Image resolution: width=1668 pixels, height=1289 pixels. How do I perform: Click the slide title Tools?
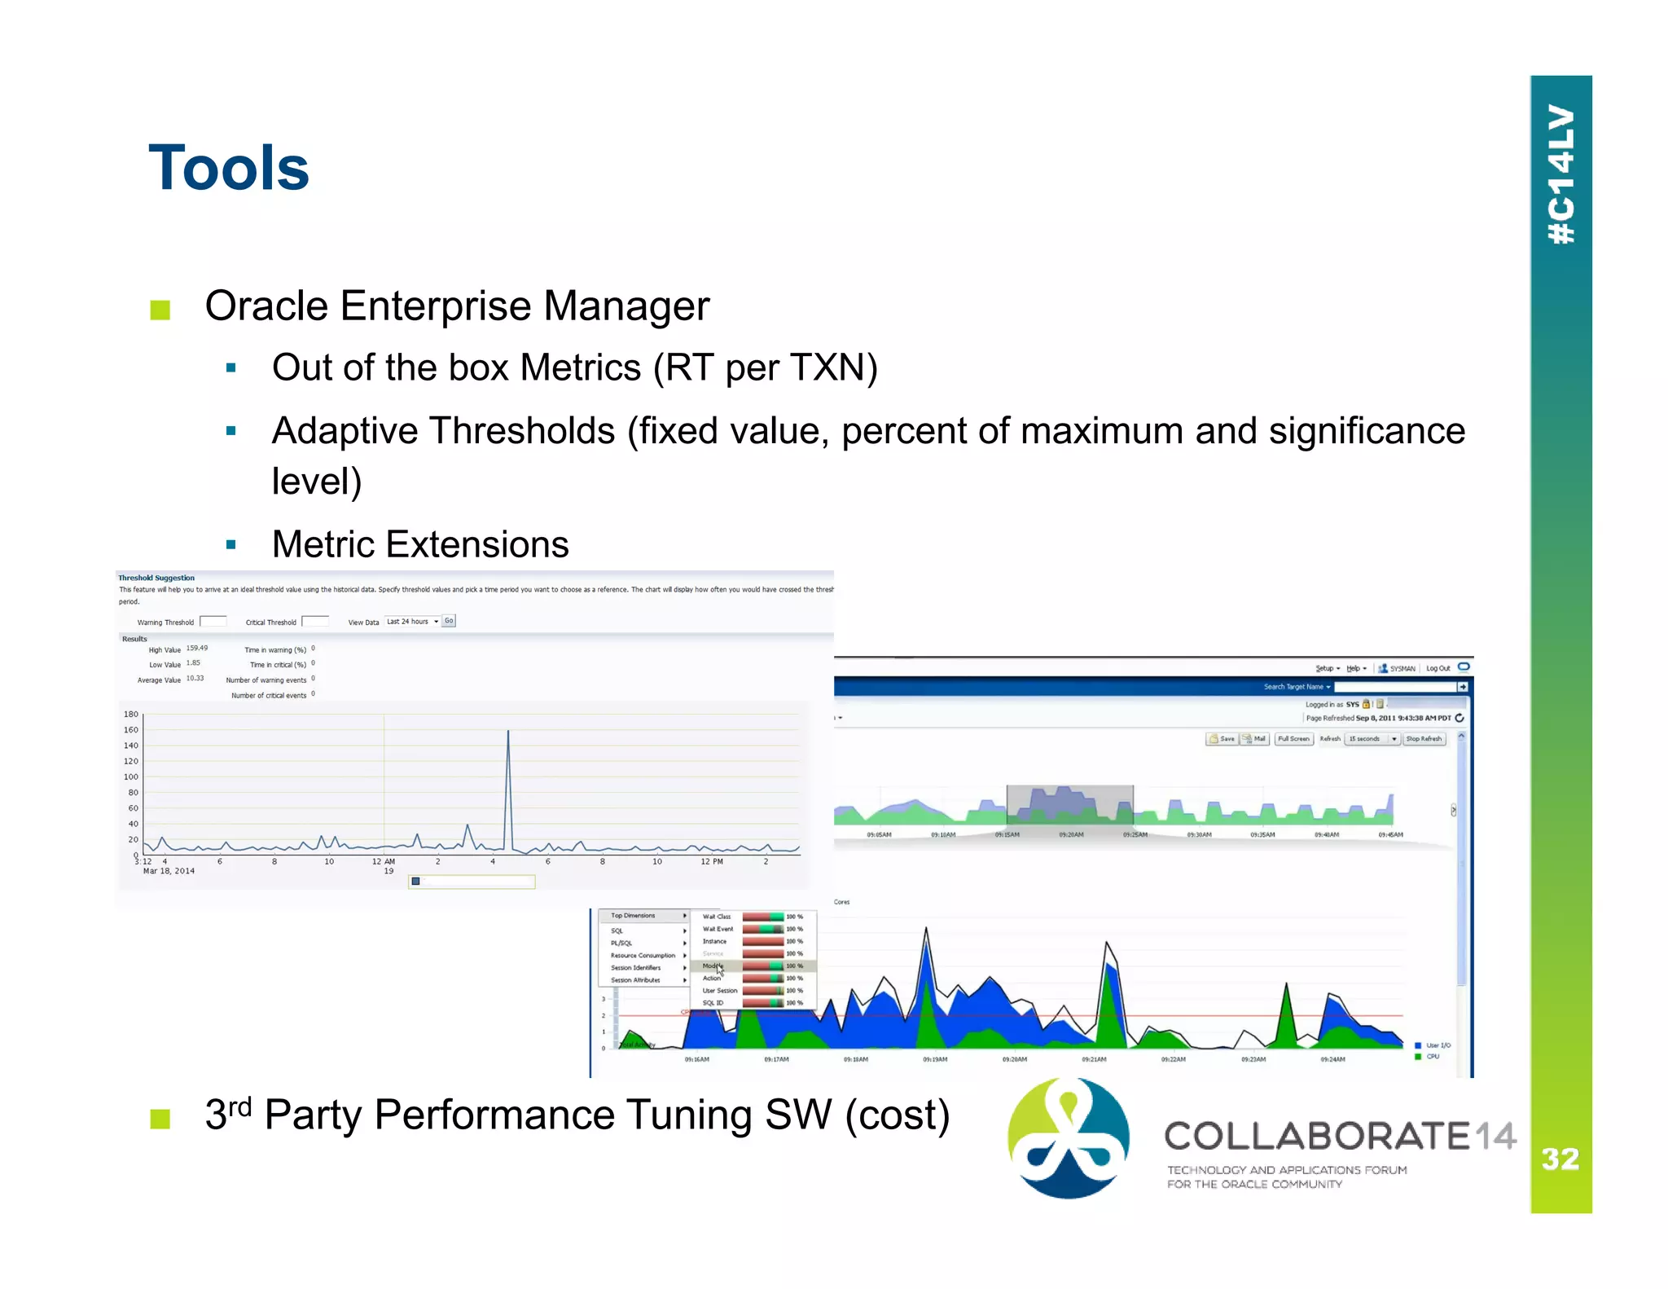pyautogui.click(x=229, y=169)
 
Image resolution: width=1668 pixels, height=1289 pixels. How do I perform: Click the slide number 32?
pyautogui.click(x=1560, y=1159)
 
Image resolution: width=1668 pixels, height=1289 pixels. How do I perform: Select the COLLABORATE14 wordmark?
pyautogui.click(x=1339, y=1136)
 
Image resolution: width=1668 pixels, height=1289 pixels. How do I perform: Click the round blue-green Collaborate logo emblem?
pyautogui.click(x=1068, y=1138)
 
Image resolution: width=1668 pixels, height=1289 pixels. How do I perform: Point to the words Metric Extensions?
pyautogui.click(x=420, y=544)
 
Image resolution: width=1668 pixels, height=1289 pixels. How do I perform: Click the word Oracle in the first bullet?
pyautogui.click(x=266, y=307)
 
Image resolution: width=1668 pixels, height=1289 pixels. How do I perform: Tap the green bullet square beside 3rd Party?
pyautogui.click(x=160, y=1119)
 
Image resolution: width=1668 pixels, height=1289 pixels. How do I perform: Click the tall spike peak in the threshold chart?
pyautogui.click(x=508, y=732)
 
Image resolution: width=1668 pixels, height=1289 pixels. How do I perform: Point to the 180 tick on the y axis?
pyautogui.click(x=131, y=714)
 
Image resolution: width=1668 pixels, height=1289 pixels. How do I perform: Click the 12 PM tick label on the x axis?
pyautogui.click(x=711, y=861)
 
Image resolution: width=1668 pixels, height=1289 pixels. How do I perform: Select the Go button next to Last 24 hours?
pyautogui.click(x=449, y=621)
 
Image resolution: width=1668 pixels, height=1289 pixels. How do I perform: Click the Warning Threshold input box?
pyautogui.click(x=213, y=621)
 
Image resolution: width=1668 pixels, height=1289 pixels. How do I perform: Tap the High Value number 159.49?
pyautogui.click(x=197, y=649)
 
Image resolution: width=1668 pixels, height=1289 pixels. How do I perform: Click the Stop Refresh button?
pyautogui.click(x=1424, y=739)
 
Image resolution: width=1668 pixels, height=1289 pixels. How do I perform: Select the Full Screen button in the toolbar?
pyautogui.click(x=1293, y=739)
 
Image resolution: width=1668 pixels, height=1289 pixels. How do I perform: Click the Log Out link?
pyautogui.click(x=1438, y=668)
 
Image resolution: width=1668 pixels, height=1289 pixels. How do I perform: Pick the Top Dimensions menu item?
pyautogui.click(x=633, y=916)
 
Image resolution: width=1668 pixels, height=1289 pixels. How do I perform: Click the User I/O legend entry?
pyautogui.click(x=1438, y=1045)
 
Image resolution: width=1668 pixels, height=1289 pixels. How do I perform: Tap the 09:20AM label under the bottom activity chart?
pyautogui.click(x=1014, y=1060)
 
